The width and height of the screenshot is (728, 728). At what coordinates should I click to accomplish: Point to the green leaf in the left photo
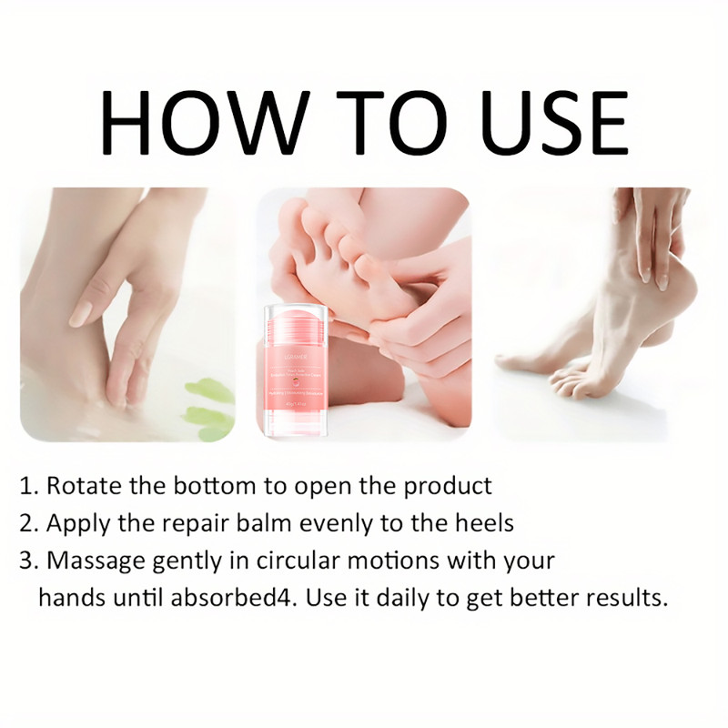[209, 400]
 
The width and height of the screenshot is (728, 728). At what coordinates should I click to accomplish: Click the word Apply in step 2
[75, 523]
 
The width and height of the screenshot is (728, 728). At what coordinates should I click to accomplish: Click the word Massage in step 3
[93, 561]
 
